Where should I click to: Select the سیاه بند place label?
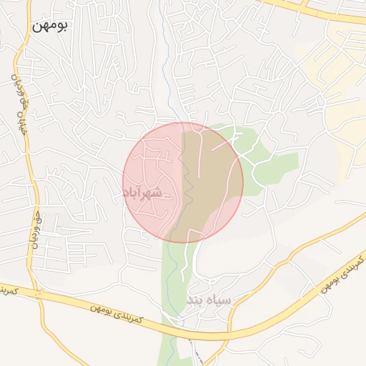click(x=209, y=300)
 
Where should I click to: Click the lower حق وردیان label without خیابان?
click(x=32, y=229)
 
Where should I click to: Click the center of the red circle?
click(x=183, y=182)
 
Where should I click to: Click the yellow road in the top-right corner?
click(x=315, y=11)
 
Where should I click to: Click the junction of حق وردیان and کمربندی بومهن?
click(x=36, y=294)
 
